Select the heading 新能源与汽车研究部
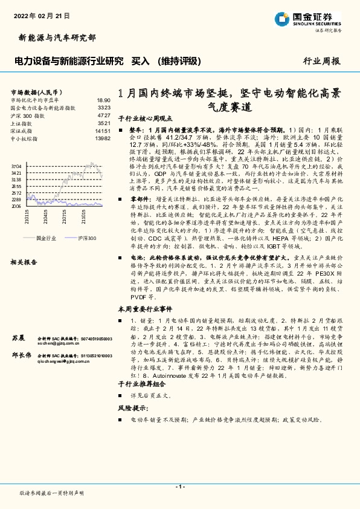click(x=54, y=37)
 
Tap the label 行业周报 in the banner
click(x=321, y=61)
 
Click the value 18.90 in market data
click(x=103, y=100)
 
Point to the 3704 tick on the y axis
click(x=16, y=165)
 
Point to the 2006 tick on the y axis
click(x=16, y=206)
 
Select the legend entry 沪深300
click(x=86, y=238)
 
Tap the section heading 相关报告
click(x=25, y=262)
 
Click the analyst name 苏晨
click(x=18, y=337)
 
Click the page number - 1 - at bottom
click(x=179, y=487)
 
